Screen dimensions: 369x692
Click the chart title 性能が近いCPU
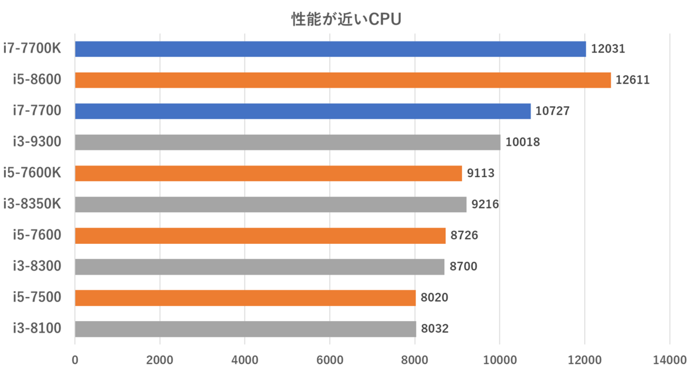pos(345,20)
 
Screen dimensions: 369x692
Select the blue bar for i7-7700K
pos(330,49)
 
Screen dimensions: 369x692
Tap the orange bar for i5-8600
pos(343,80)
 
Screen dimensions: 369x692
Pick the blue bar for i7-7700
pos(302,111)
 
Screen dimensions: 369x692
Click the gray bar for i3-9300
pos(287,142)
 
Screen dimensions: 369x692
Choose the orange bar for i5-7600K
pos(268,174)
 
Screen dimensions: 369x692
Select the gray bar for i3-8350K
pos(270,205)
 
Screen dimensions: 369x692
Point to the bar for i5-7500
pos(245,298)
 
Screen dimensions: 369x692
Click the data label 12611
pos(633,80)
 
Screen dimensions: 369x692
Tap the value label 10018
pos(522,142)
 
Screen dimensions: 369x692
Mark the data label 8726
pos(464,236)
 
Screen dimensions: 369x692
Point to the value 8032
pos(435,329)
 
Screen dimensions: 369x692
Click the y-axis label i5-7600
pos(37,235)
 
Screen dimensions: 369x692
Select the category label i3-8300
pos(37,266)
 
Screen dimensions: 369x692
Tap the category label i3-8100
pos(37,329)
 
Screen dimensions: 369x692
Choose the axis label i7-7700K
pos(32,48)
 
